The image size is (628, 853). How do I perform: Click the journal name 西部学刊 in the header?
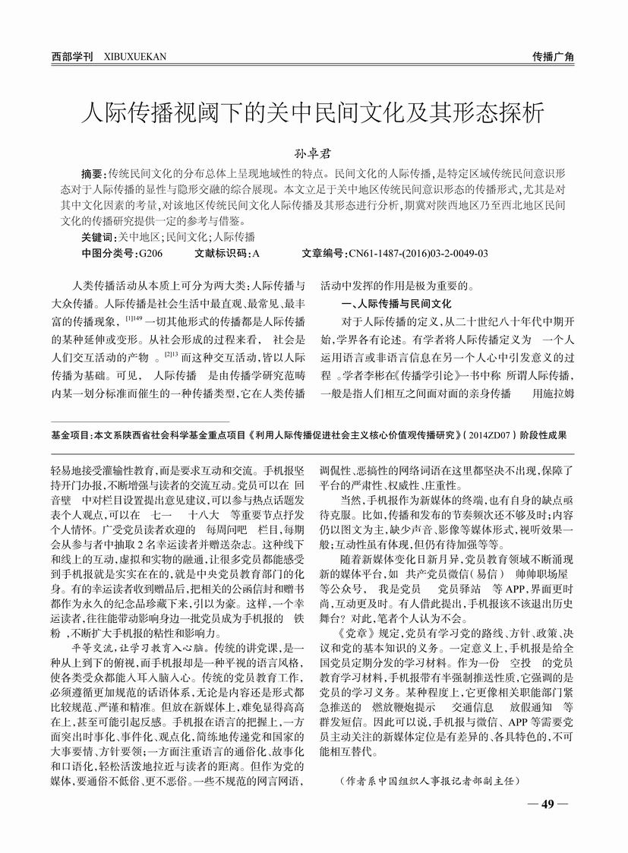[72, 57]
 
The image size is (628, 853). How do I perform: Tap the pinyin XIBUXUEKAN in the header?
[134, 57]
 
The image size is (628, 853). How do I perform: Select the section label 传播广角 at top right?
[553, 57]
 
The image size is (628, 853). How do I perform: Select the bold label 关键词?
[99, 237]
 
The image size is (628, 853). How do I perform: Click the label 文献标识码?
[220, 253]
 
